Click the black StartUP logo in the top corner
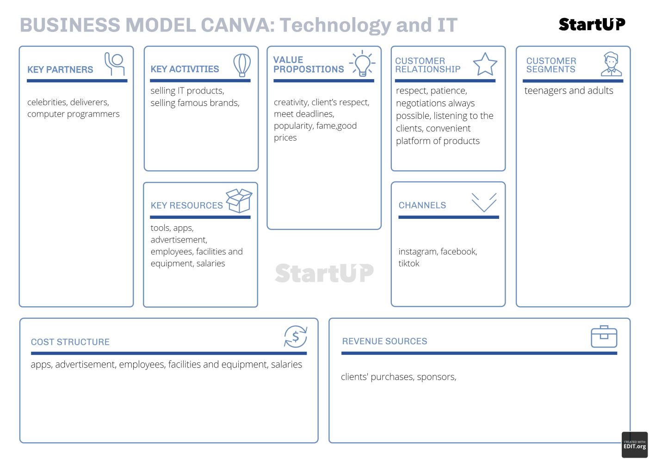pos(592,25)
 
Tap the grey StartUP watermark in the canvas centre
pos(324,273)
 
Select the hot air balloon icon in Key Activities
pos(242,65)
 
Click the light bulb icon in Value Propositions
pos(362,63)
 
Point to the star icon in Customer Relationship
pos(485,64)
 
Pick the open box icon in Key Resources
pos(239,200)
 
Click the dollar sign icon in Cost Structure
pos(296,336)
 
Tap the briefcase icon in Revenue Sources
pos(604,336)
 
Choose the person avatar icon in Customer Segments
pos(611,64)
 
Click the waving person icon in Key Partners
pos(115,64)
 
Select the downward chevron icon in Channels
pos(484,202)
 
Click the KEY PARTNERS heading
pos(60,69)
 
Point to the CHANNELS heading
pos(422,205)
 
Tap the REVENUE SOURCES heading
pos(384,341)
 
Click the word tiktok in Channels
pos(409,263)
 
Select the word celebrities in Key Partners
pos(47,102)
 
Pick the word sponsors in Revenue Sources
pos(436,377)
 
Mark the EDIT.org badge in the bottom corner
pos(635,445)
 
